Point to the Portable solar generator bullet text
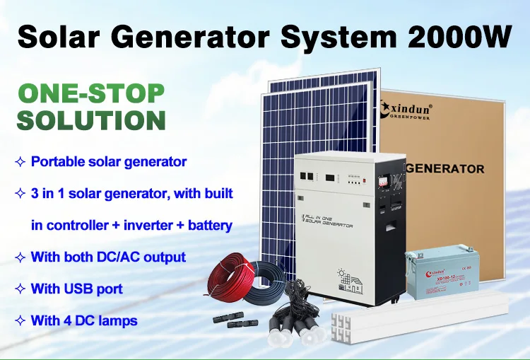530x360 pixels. pyautogui.click(x=109, y=161)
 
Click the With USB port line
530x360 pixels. pyautogui.click(x=77, y=289)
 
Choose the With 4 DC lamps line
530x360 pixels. pyautogui.click(x=84, y=320)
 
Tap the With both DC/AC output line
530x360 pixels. pyautogui.click(x=108, y=257)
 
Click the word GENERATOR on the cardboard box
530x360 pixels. pyautogui.click(x=446, y=169)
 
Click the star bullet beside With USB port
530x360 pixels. pyautogui.click(x=20, y=289)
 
